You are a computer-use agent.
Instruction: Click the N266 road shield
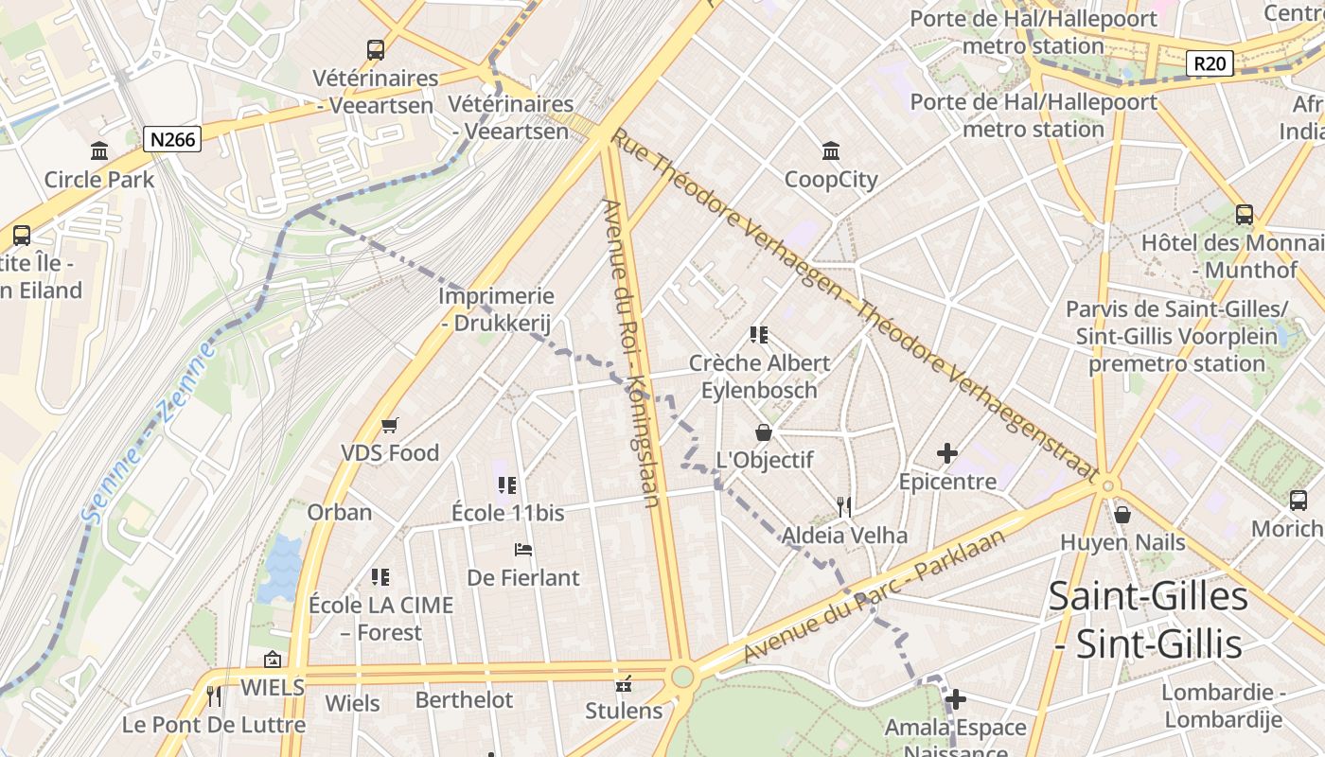coord(172,140)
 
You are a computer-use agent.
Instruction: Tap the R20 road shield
coord(1210,63)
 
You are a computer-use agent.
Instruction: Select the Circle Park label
coord(99,179)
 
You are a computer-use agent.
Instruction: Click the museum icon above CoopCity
coord(831,150)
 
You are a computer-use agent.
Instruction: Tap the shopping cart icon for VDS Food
coord(389,426)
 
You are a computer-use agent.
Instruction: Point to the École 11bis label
coord(507,513)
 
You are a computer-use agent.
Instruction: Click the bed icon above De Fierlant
coord(522,550)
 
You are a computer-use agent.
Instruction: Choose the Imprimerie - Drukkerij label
coord(496,309)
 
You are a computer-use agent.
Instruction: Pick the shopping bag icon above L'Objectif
coord(764,432)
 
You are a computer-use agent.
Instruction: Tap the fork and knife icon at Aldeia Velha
coord(844,507)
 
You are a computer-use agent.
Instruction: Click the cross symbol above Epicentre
coord(946,453)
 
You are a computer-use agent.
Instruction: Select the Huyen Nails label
coord(1122,542)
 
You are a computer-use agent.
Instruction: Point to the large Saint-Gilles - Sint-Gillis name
coord(1148,620)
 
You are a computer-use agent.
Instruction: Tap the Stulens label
coord(624,710)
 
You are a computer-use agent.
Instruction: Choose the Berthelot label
coord(464,700)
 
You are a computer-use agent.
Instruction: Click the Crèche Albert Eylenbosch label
coord(759,376)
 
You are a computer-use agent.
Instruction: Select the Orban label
coord(339,512)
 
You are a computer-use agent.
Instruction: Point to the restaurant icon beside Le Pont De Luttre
coord(214,696)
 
